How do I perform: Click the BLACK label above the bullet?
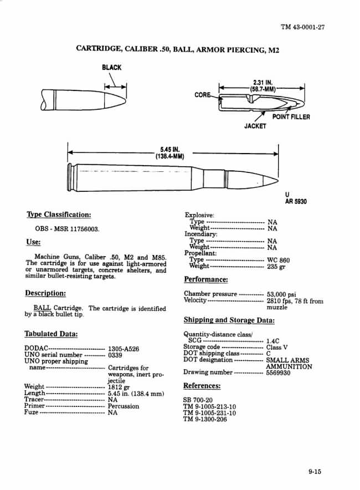click(111, 68)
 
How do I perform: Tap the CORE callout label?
click(202, 95)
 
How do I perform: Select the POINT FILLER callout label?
click(291, 117)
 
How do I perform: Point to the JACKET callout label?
click(255, 126)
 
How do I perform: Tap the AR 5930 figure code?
click(296, 202)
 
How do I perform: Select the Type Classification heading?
click(58, 215)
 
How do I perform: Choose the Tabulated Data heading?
click(51, 334)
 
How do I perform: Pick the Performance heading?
click(205, 279)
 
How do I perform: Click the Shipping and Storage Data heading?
click(229, 320)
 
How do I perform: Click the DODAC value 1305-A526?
click(124, 349)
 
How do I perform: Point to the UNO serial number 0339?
click(115, 355)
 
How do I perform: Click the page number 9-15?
click(315, 472)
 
